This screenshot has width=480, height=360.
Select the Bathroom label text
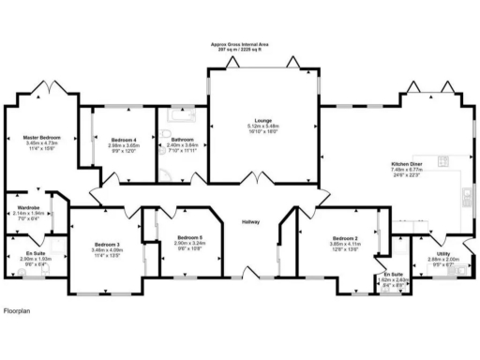[182, 140]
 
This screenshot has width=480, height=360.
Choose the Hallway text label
[250, 222]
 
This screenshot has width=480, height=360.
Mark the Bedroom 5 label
[190, 237]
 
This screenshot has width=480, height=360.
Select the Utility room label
[442, 253]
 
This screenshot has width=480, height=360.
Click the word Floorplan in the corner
[19, 309]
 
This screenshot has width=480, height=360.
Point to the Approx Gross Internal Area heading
[239, 44]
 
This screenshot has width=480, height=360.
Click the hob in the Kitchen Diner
[465, 196]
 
